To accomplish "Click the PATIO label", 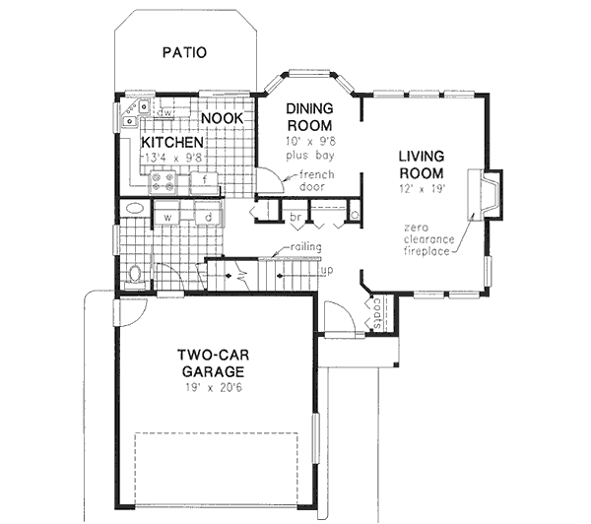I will point(184,52).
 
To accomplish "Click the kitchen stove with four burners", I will point(164,181).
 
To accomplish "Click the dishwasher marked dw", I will point(166,113).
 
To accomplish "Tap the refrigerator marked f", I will point(203,181).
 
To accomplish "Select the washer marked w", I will point(168,216).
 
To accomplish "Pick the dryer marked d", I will point(208,216).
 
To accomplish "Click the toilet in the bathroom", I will point(137,272).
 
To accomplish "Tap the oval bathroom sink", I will point(133,210).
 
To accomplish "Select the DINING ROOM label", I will point(308,117).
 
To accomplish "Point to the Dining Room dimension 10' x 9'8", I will point(308,142).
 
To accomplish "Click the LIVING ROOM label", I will point(422,164).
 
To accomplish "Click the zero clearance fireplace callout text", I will point(427,238).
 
